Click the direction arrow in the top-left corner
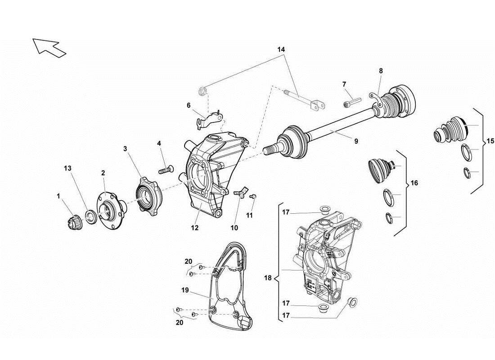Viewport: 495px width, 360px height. point(49,47)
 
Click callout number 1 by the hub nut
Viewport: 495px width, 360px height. point(58,196)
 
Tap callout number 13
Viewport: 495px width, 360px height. point(67,168)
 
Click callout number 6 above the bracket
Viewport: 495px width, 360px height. point(189,105)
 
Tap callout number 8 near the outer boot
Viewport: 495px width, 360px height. point(381,71)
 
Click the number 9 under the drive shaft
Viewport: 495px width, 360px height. point(356,141)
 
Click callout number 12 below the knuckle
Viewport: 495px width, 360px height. point(195,228)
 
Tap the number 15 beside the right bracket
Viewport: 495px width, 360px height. point(490,141)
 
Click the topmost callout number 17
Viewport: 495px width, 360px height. point(285,212)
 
